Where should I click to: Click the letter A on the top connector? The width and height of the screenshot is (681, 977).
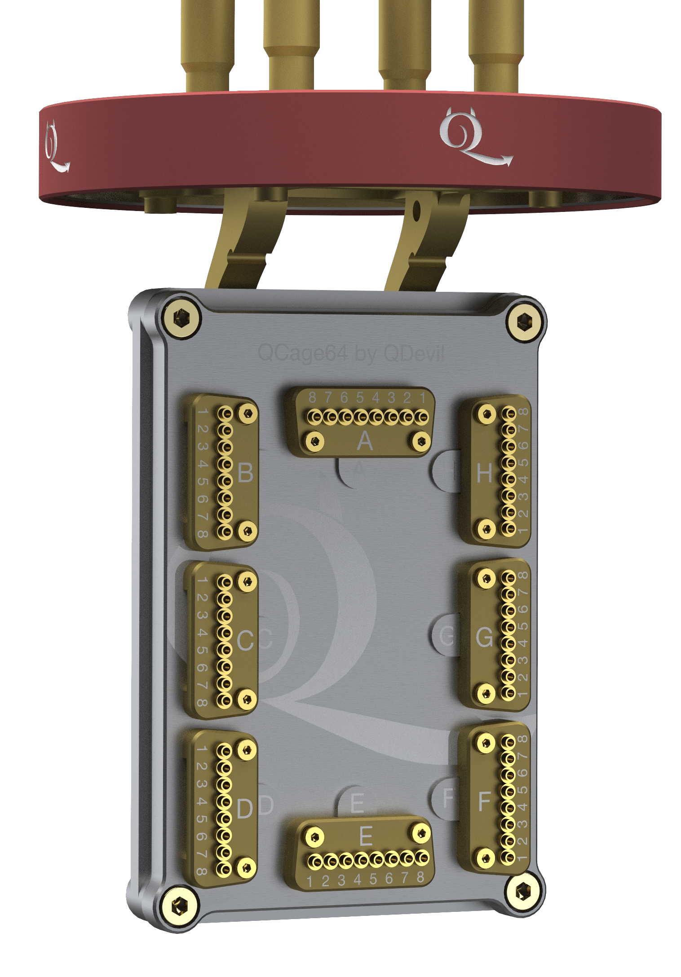(x=365, y=442)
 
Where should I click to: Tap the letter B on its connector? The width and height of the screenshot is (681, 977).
(x=245, y=473)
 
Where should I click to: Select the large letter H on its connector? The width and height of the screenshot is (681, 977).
(x=484, y=473)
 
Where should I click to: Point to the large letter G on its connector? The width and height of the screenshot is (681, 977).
(x=484, y=637)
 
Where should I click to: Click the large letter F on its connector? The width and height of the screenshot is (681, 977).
(x=483, y=801)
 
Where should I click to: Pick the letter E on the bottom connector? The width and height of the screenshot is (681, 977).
(x=366, y=836)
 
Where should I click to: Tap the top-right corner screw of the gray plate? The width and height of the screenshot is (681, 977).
(x=524, y=321)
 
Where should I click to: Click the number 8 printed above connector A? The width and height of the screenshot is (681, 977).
(x=312, y=397)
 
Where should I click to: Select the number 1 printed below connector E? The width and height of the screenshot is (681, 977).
(x=309, y=881)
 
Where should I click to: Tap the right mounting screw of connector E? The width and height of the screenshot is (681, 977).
(x=421, y=833)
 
